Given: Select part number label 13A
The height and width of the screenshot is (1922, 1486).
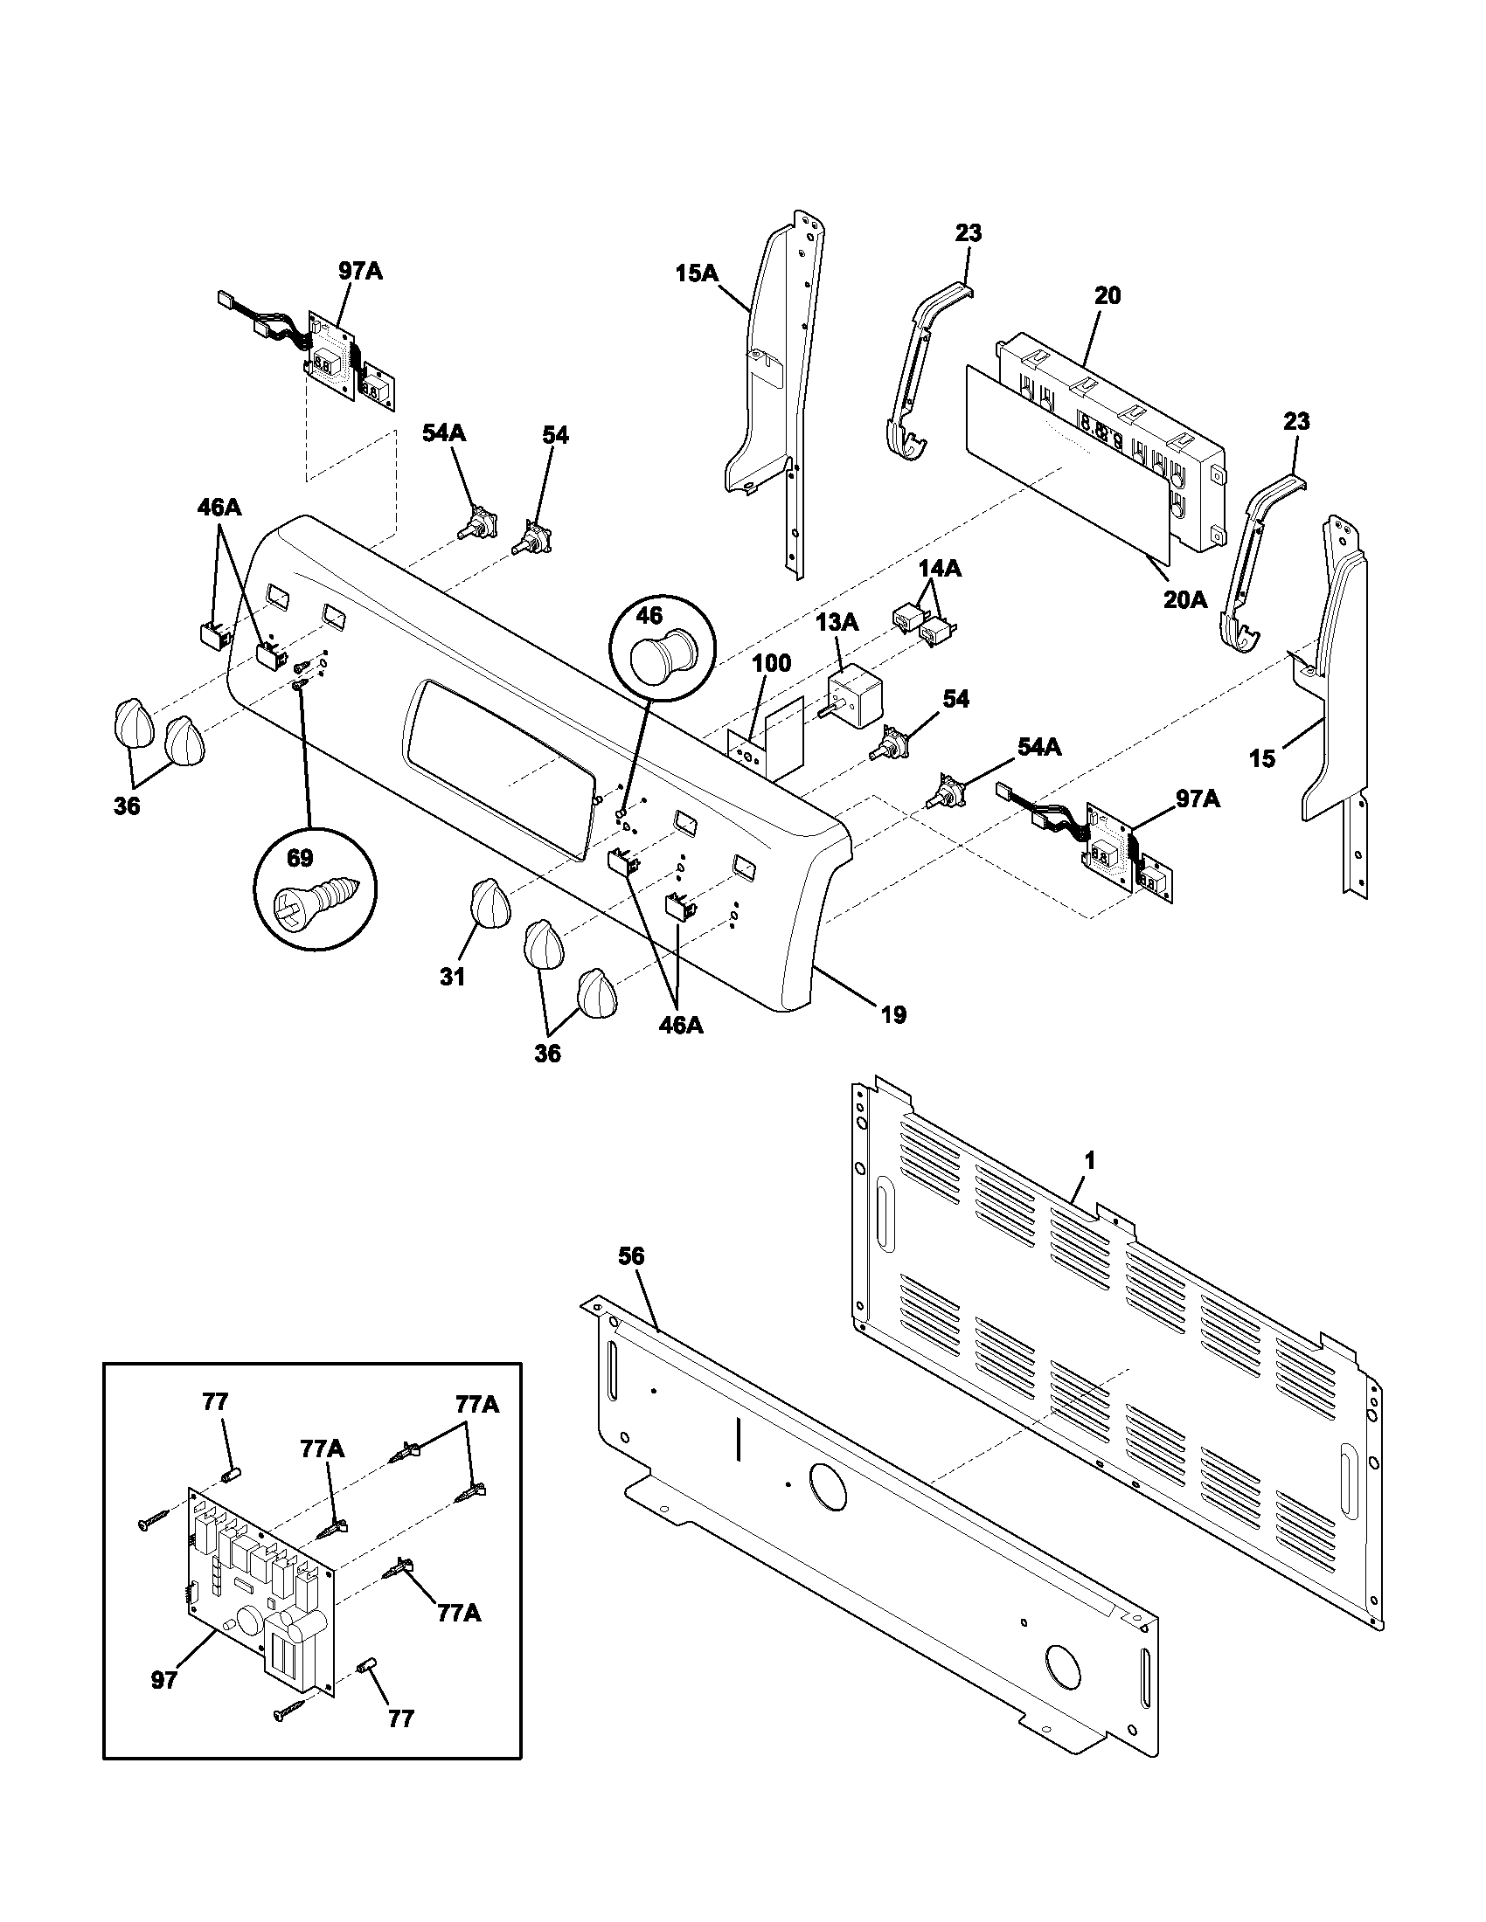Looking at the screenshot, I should pos(837,623).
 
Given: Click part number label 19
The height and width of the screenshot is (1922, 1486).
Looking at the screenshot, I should pos(892,1015).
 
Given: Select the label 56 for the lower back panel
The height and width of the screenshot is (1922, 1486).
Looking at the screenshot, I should pos(631,1256).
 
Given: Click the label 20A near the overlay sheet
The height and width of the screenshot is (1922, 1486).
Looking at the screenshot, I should pos(1186,599).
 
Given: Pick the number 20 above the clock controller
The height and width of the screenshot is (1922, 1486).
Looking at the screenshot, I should pos(1108,295).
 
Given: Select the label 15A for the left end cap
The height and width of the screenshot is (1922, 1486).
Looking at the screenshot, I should pos(698,273).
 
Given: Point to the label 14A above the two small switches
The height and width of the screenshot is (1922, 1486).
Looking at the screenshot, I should pos(940,569).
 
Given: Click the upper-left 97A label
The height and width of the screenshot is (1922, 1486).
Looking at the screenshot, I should pos(360,271).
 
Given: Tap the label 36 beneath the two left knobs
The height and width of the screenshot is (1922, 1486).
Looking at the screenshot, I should pos(127,805).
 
